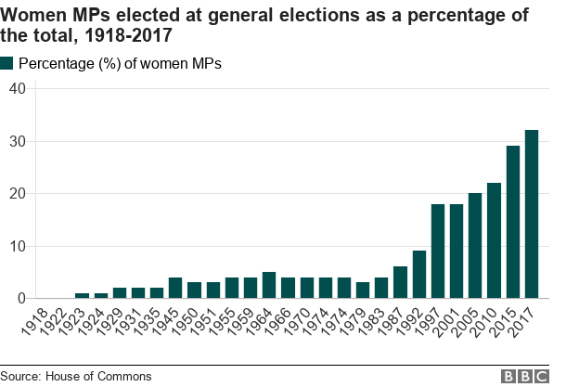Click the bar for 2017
pyautogui.click(x=532, y=214)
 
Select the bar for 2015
pyautogui.click(x=513, y=222)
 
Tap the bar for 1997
pyautogui.click(x=438, y=251)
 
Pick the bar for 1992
pyautogui.click(x=419, y=275)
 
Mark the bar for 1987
pyautogui.click(x=400, y=282)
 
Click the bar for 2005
pyautogui.click(x=475, y=246)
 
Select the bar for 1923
pyautogui.click(x=82, y=295)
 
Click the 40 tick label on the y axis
pyautogui.click(x=17, y=88)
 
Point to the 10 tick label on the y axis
pyautogui.click(x=17, y=246)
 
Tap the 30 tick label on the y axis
pyautogui.click(x=17, y=141)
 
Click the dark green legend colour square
pyautogui.click(x=7, y=63)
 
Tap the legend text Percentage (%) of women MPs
pyautogui.click(x=120, y=63)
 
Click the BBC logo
pyautogui.click(x=526, y=376)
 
